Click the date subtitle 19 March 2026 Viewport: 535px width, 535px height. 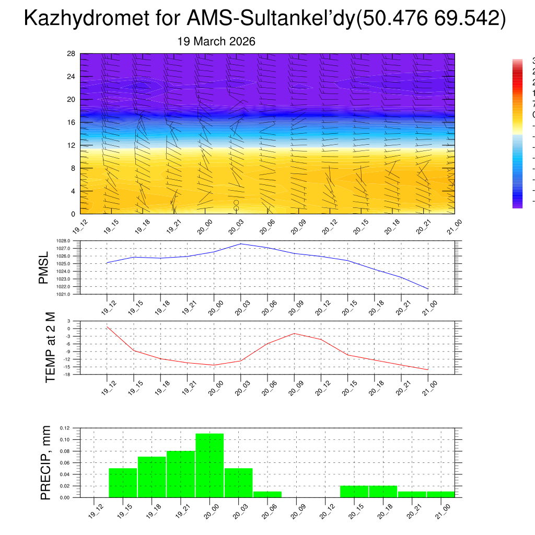(216, 42)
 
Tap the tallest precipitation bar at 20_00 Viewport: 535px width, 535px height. (210, 465)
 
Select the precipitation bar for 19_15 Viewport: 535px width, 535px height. (123, 483)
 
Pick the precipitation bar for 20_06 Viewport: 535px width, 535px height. (267, 494)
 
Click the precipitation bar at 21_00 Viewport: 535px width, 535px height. (440, 494)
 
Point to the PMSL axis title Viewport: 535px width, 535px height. (44, 267)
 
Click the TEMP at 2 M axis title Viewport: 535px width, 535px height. (50, 347)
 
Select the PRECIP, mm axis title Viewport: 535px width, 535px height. (46, 463)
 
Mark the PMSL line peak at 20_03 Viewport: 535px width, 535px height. (240, 244)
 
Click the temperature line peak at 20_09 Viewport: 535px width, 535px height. (294, 333)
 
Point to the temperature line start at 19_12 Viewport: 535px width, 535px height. (107, 327)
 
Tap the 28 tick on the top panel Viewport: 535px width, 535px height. (72, 54)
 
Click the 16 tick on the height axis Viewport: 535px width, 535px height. (72, 122)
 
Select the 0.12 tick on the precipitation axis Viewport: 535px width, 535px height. (64, 428)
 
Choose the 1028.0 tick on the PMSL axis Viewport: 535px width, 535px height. (63, 240)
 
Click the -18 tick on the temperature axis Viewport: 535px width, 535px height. (66, 375)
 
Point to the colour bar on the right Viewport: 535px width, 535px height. (517, 134)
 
